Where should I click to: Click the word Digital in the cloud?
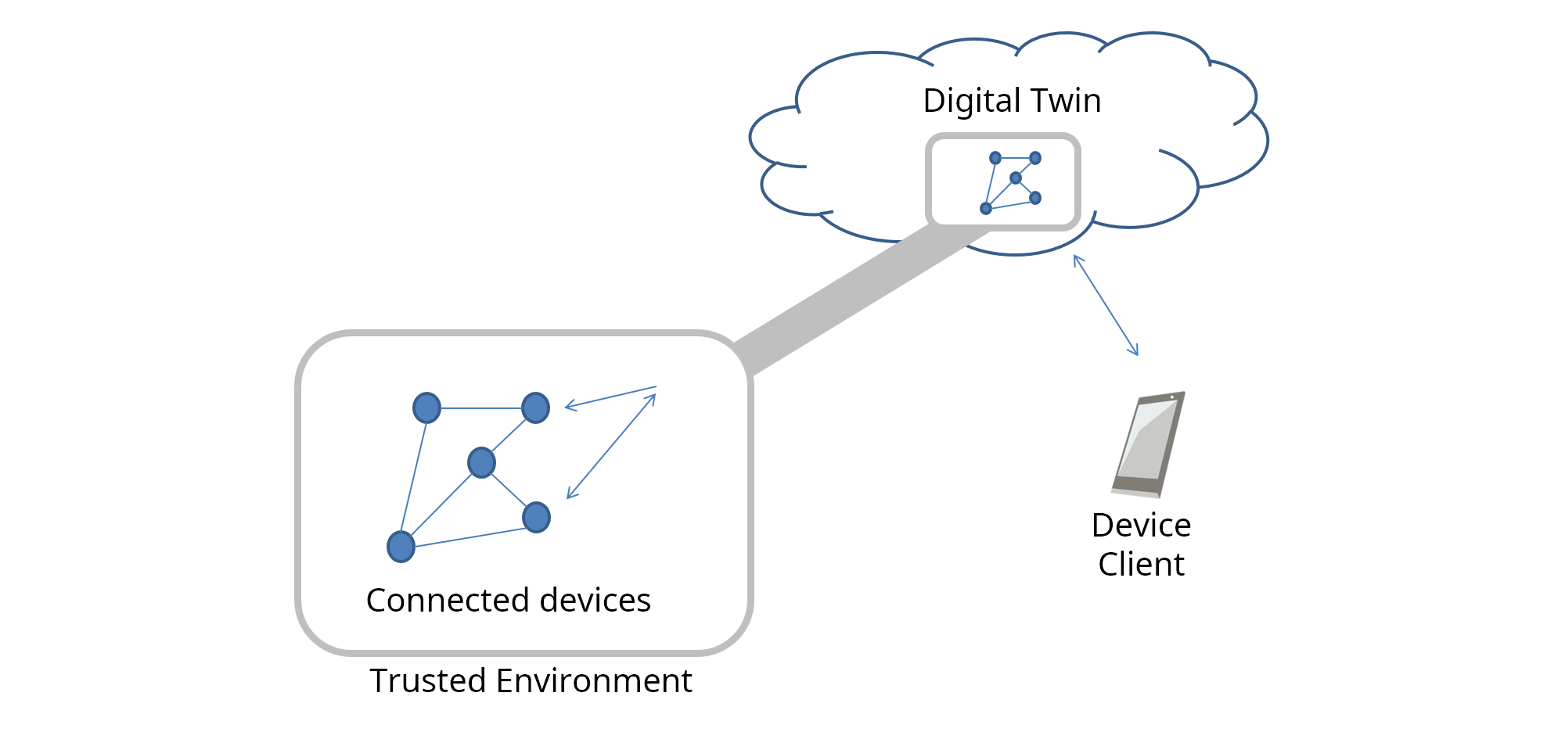(972, 102)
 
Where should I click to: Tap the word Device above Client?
(1141, 526)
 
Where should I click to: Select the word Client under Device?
(1141, 565)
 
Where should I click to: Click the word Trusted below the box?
(428, 681)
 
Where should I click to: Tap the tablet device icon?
(1147, 446)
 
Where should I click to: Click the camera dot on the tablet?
(1172, 397)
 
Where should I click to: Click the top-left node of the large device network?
(426, 407)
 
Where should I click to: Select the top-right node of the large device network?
(535, 407)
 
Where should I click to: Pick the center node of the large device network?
(481, 462)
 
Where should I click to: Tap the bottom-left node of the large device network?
(401, 547)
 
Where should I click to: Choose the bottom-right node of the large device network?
(536, 517)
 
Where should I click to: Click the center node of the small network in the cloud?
(1016, 178)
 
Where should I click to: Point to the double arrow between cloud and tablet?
(1106, 305)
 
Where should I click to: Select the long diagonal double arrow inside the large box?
(611, 446)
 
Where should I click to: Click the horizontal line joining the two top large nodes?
(480, 408)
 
